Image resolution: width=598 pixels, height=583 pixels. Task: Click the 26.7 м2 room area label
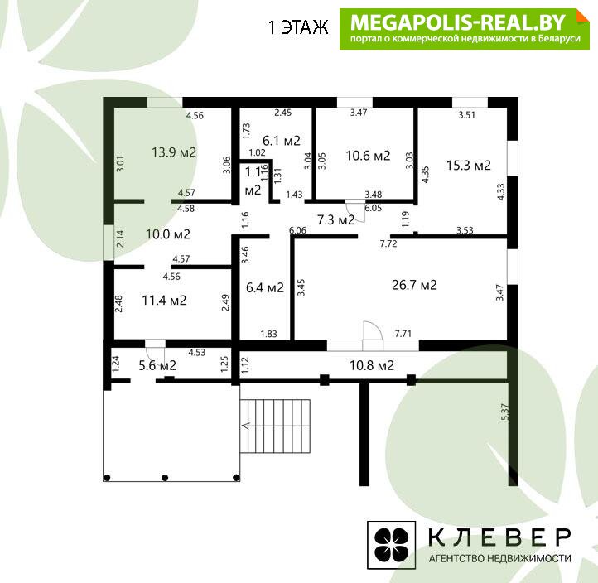point(414,285)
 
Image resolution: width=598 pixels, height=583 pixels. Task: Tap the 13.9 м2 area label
point(174,152)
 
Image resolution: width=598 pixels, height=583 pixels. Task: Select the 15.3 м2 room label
point(468,166)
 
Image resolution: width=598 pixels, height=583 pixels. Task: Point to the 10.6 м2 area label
point(368,156)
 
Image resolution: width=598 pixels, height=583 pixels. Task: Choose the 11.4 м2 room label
point(164,301)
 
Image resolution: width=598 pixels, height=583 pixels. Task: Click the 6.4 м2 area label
point(265,287)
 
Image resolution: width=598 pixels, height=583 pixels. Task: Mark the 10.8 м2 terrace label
point(371,365)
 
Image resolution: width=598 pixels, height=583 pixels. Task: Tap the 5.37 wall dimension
point(504,412)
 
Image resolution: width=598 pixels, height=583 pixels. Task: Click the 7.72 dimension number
point(388,243)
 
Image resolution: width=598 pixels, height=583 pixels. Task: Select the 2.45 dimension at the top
point(283,113)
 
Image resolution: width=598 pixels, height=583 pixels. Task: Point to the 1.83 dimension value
point(268,334)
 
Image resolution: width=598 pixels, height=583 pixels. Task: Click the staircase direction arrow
point(246,426)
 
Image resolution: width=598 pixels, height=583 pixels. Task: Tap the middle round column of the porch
point(165,478)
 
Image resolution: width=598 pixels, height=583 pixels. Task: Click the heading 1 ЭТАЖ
point(298,27)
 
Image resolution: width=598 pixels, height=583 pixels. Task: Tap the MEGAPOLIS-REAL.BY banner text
point(457,22)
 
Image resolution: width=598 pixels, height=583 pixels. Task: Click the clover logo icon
point(391,545)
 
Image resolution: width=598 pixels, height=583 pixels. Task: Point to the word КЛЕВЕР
point(499,537)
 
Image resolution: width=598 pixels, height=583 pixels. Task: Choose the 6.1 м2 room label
point(282,141)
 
